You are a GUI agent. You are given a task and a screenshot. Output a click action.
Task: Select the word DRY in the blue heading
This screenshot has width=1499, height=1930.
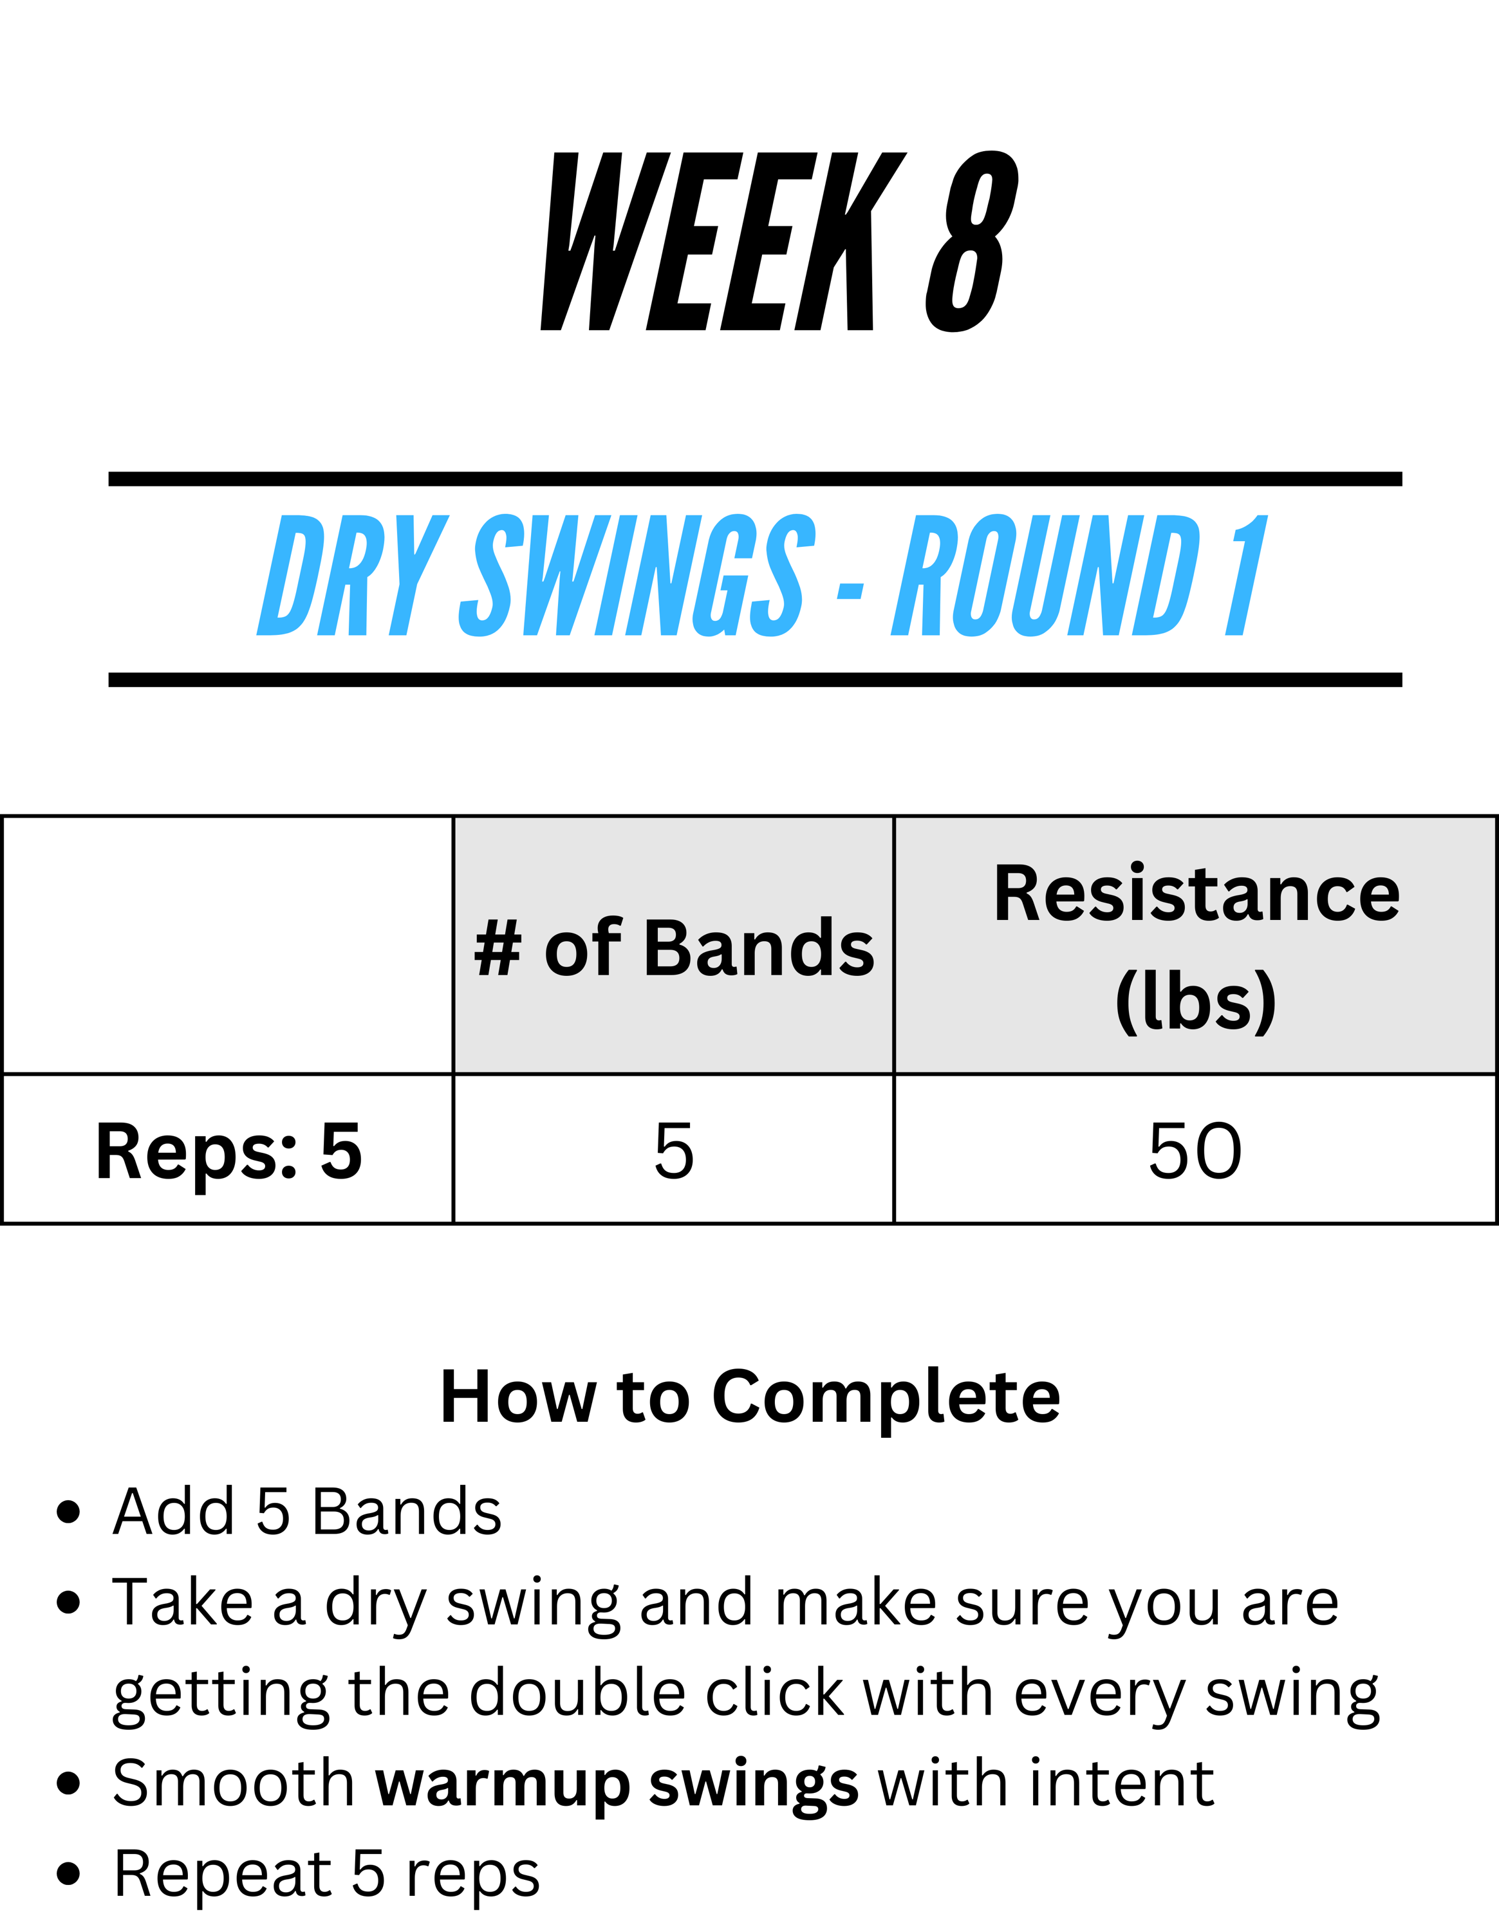point(351,575)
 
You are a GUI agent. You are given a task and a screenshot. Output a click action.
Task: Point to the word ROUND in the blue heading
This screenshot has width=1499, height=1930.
point(1046,575)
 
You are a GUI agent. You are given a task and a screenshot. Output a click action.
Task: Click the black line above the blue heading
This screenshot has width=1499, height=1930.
point(756,479)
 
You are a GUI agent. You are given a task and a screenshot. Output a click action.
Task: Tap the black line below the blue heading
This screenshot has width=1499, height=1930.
point(756,679)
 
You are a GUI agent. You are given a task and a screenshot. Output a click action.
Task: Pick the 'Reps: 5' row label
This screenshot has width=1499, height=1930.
point(229,1150)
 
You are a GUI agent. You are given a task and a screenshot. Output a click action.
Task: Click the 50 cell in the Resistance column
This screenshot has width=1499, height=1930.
point(1196,1150)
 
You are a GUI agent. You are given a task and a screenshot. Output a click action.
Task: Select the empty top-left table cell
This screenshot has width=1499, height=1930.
point(228,944)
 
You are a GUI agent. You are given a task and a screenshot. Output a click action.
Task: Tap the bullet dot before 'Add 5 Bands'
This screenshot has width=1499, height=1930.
point(68,1512)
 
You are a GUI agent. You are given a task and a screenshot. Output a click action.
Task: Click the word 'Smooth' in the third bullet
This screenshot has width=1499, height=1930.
point(234,1783)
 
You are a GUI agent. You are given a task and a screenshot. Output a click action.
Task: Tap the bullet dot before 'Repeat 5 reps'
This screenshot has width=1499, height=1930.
point(68,1874)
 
